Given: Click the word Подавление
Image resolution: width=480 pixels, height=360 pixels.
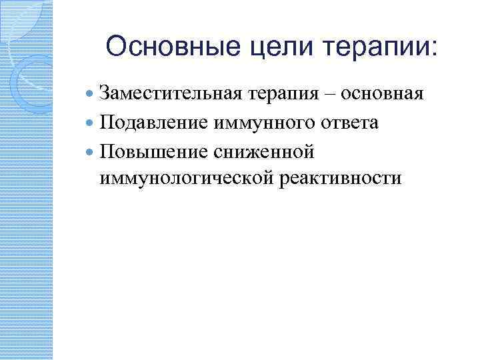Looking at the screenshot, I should (x=153, y=123).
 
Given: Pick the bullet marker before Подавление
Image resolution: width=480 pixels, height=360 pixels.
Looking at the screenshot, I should (x=91, y=123).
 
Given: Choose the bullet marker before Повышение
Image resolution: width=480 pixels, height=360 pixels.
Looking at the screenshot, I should (x=91, y=152).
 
